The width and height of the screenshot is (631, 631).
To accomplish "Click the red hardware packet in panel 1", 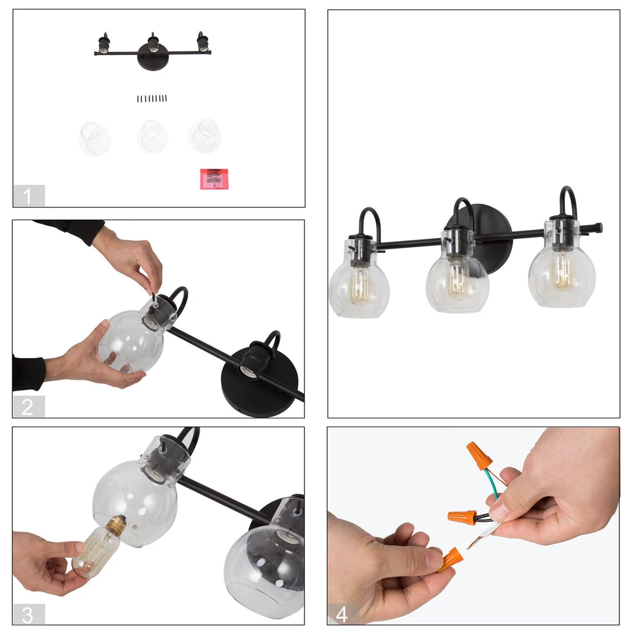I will [x=214, y=179].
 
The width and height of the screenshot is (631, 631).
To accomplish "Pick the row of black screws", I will [x=152, y=99].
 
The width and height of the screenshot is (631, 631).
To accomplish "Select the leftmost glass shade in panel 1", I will [x=95, y=139].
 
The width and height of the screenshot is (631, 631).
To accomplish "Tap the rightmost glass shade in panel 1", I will [x=204, y=136].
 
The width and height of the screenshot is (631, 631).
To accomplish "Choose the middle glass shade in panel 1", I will [x=152, y=137].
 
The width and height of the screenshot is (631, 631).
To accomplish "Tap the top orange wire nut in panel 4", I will [x=479, y=456].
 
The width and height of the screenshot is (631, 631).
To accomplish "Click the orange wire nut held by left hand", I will [x=450, y=559].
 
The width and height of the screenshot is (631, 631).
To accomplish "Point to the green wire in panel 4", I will [x=494, y=484].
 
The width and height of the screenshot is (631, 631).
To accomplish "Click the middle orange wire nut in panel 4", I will [x=462, y=516].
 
